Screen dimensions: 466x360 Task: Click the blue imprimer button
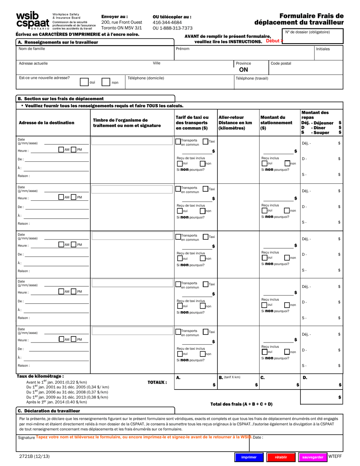pyautogui.click(x=249, y=457)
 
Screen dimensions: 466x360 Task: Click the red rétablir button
pyautogui.click(x=280, y=457)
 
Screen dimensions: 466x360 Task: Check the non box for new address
pyautogui.click(x=106, y=82)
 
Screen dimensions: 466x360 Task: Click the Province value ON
pyautogui.click(x=244, y=70)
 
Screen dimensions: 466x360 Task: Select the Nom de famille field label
pyautogui.click(x=32, y=49)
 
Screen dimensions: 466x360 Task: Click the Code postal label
pyautogui.click(x=281, y=63)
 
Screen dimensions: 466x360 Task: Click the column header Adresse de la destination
pyautogui.click(x=47, y=123)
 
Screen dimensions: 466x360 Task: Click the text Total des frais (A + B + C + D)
pyautogui.click(x=241, y=404)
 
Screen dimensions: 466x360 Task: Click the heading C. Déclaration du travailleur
pyautogui.click(x=49, y=411)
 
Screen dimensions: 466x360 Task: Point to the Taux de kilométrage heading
pyautogui.click(x=40, y=376)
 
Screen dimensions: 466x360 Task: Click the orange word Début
pyautogui.click(x=273, y=41)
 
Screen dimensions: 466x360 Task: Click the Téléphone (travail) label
pyautogui.click(x=252, y=78)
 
